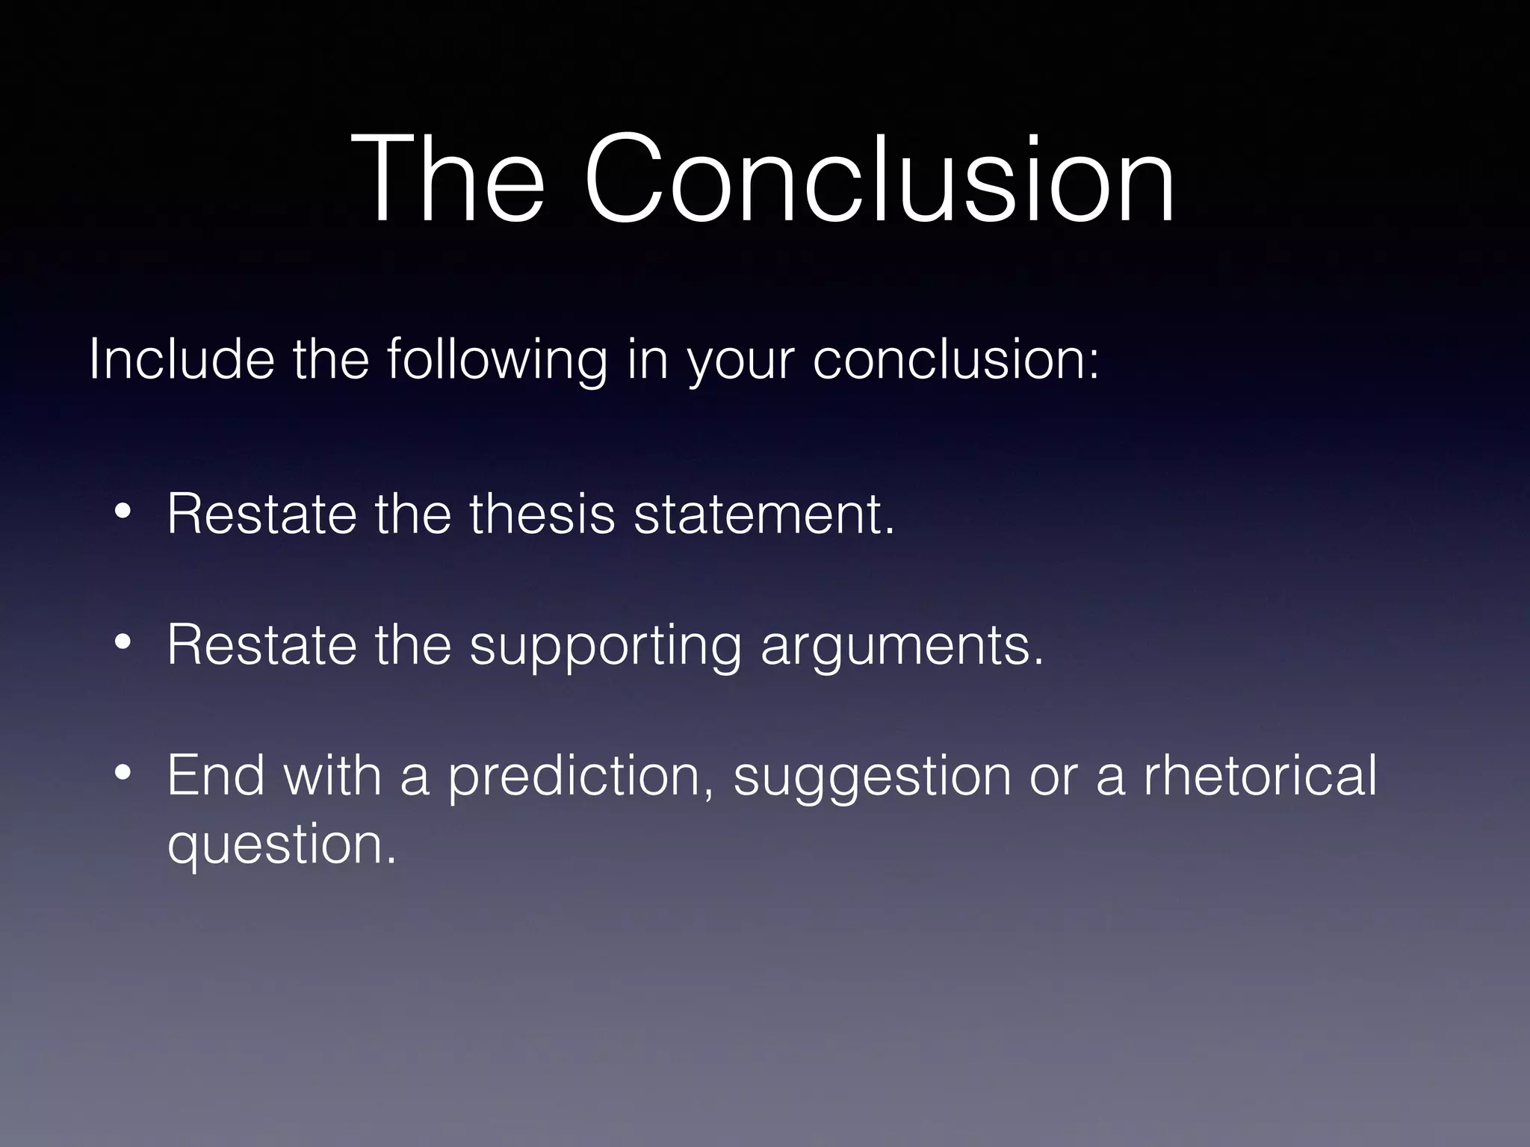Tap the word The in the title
pos(448,179)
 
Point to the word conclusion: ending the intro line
pos(956,360)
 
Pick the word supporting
pos(605,647)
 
